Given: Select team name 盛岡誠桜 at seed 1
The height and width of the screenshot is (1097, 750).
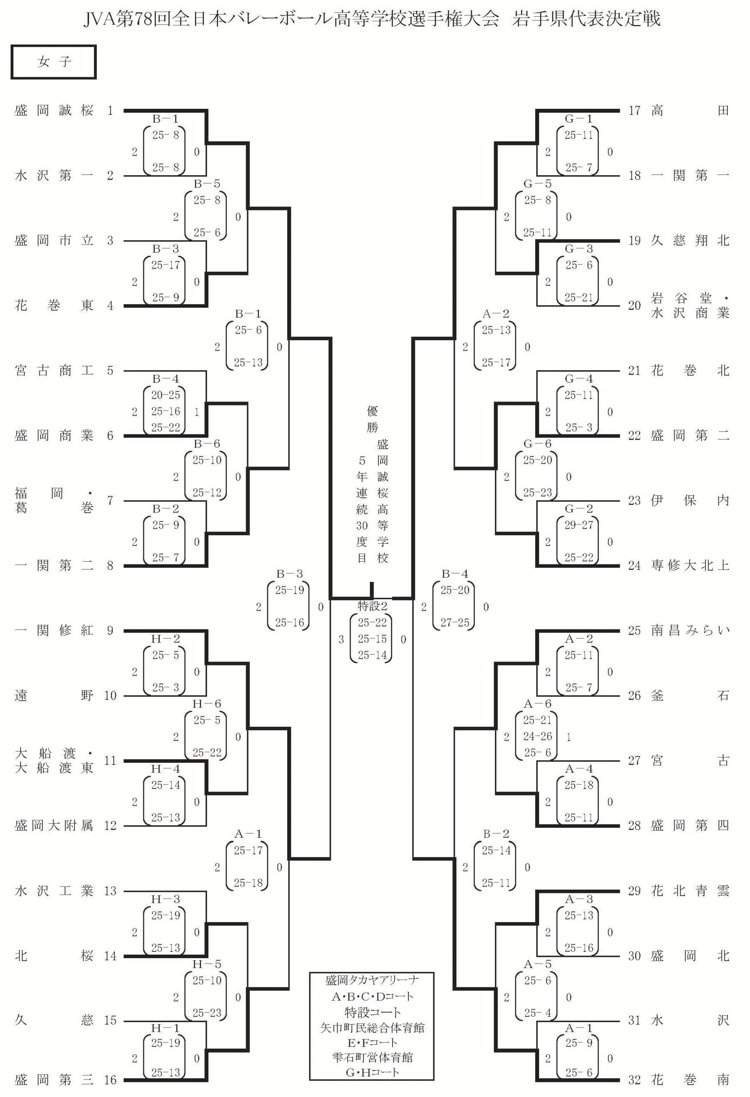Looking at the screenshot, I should point(54,111).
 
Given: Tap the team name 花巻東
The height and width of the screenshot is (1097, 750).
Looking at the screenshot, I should point(54,306).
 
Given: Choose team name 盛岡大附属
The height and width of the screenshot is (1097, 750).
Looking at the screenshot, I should point(54,825).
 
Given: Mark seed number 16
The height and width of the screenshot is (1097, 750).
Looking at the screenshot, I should point(110,1079).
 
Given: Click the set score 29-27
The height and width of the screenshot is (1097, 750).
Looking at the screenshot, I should point(579,525).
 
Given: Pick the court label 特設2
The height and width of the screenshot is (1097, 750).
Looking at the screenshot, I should point(372,605).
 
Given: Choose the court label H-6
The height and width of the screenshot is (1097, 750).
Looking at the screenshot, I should point(207,704).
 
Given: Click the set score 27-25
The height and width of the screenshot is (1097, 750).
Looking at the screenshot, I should point(455,623).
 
